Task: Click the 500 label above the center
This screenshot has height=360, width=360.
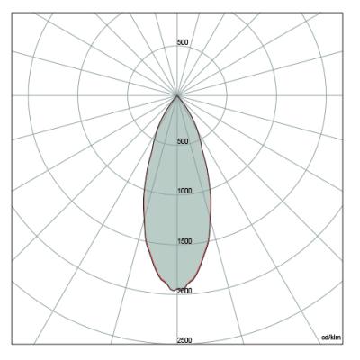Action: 183,42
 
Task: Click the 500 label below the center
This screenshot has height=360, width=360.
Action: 183,141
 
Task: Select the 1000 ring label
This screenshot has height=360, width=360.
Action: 184,191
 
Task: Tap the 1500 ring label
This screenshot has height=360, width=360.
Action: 184,241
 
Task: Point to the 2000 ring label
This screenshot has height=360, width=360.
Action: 184,291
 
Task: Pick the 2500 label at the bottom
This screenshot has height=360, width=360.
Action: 184,340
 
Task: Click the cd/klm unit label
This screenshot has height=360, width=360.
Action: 331,337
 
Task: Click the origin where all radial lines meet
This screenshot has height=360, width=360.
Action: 177,95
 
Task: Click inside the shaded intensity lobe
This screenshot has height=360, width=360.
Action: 177,210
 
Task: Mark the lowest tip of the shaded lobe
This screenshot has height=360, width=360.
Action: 173,291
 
